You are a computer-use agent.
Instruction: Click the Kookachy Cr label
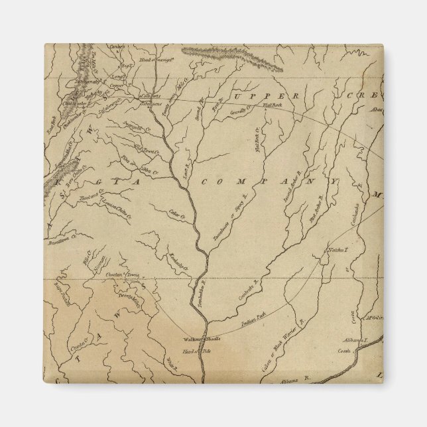[x=178, y=262]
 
